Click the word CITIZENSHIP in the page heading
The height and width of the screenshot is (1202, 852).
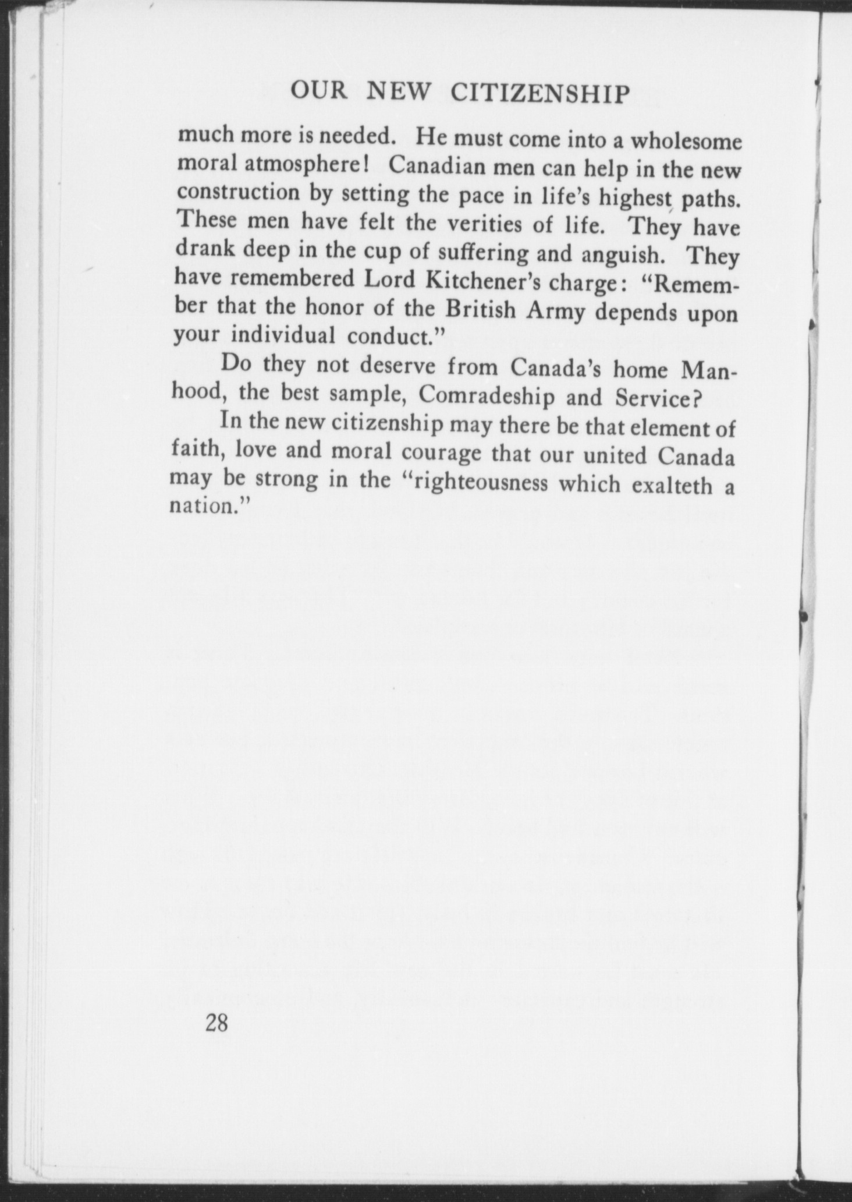pos(541,93)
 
